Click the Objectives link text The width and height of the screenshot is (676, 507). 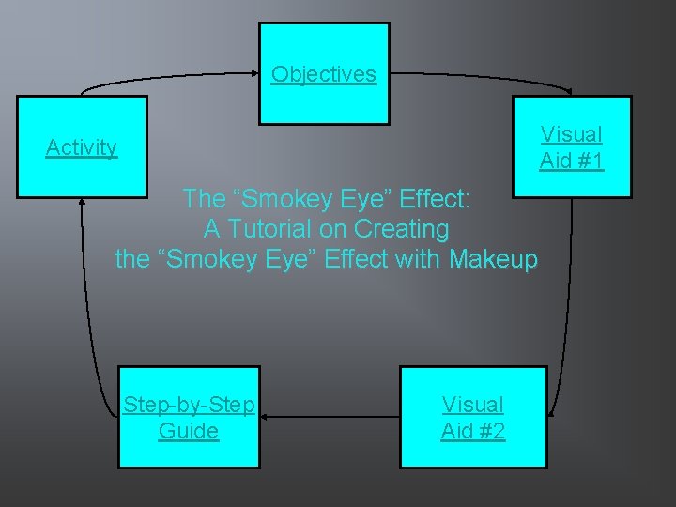click(324, 74)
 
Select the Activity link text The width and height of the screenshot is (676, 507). click(82, 147)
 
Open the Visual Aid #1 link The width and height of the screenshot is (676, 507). click(572, 147)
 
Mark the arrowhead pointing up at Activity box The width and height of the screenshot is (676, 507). click(83, 204)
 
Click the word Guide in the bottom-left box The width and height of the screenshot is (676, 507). click(189, 431)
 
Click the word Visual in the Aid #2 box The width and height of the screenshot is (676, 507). click(472, 405)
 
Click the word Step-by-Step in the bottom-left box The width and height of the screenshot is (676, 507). click(189, 405)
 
